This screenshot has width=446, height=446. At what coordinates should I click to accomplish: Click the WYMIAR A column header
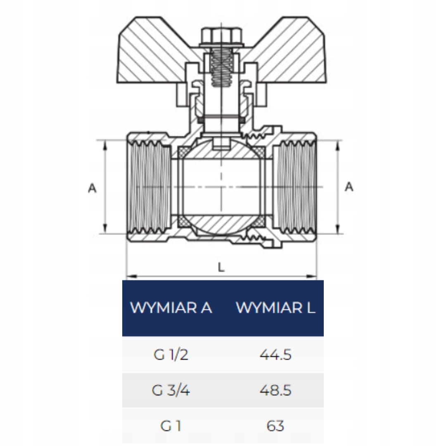coord(171,308)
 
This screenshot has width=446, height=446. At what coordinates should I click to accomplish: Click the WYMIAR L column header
coord(275,308)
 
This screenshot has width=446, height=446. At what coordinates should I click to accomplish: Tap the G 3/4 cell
coord(171,390)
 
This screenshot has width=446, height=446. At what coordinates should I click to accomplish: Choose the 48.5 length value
coord(275,390)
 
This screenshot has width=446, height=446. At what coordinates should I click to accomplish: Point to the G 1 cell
coord(171,426)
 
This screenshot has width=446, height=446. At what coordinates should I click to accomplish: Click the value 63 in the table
coord(275,426)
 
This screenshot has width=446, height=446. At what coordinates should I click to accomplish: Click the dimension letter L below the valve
coord(221,267)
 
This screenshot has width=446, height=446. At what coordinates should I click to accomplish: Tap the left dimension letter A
coord(92,188)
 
